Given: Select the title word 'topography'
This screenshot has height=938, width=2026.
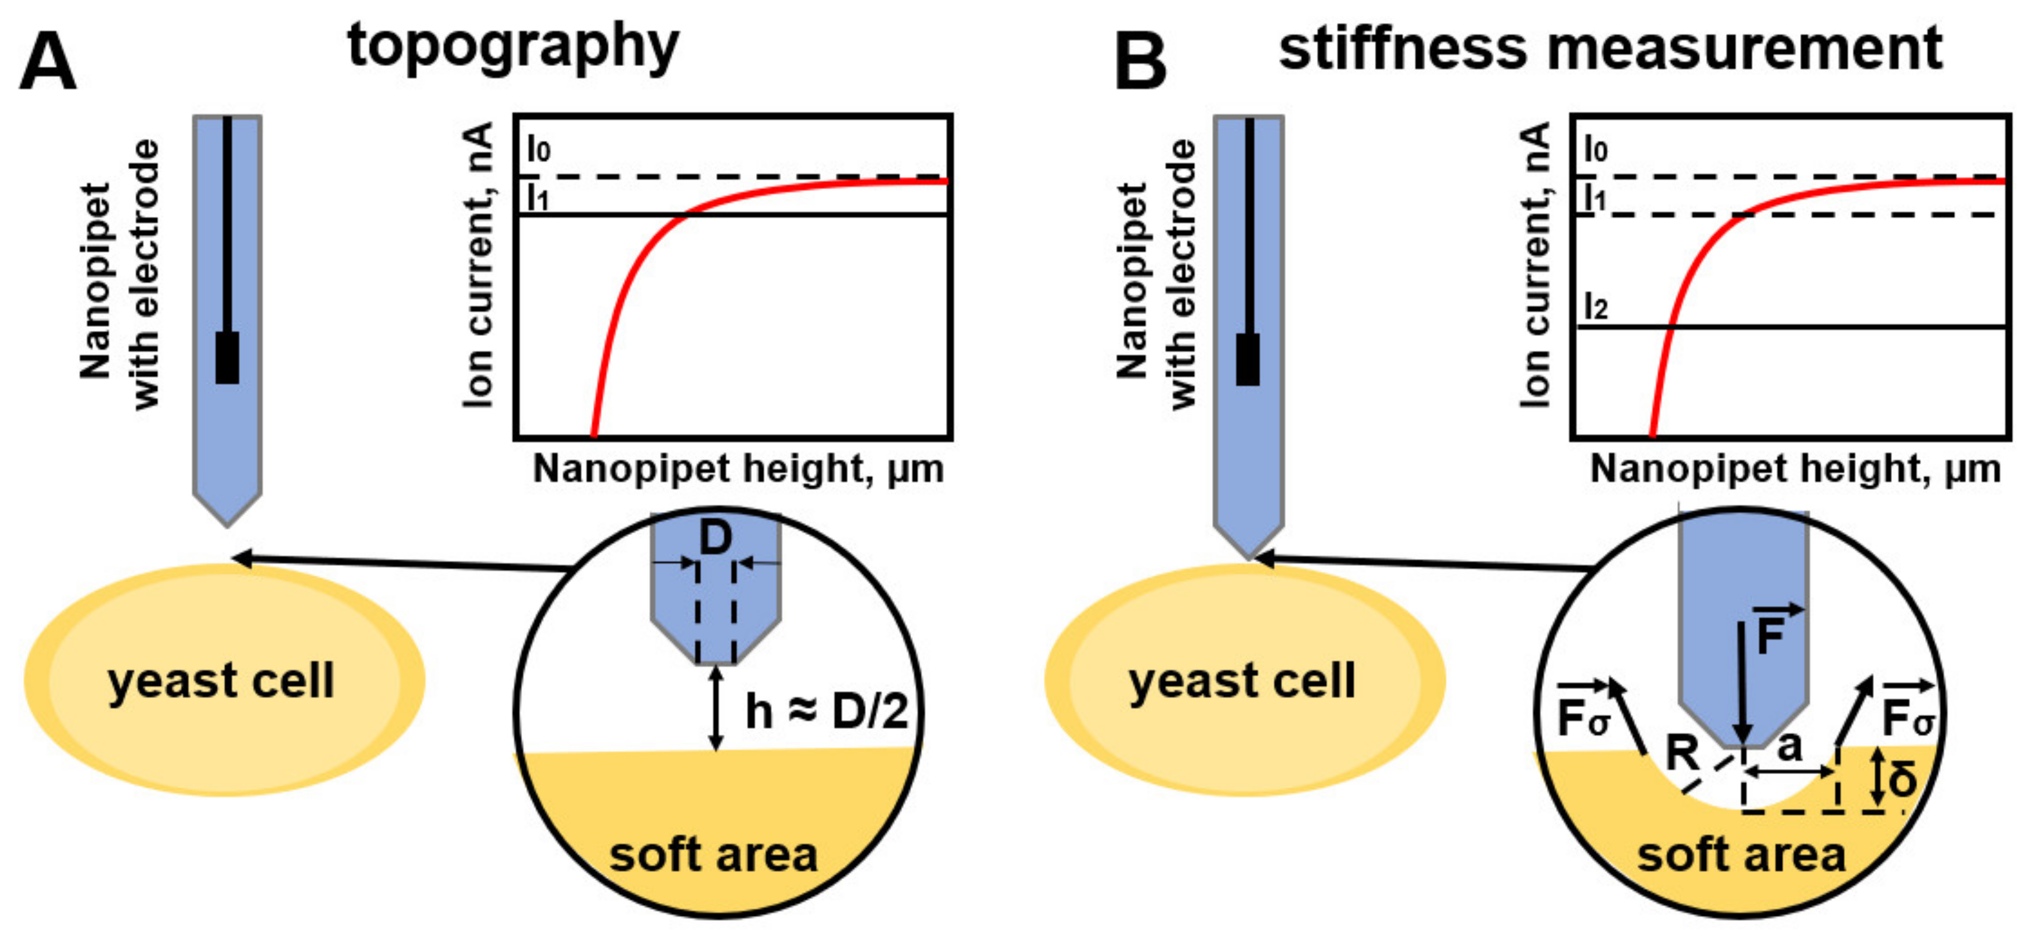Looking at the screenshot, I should point(513,47).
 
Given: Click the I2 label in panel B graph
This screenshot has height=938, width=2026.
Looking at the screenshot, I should point(1596,307).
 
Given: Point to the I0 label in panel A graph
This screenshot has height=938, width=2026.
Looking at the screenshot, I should point(539,149).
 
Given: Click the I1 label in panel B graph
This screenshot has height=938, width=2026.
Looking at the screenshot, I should point(1594,198).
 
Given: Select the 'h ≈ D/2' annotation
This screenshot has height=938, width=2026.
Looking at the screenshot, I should point(826,712).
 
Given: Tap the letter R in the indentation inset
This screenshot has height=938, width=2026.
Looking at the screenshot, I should point(1681,753).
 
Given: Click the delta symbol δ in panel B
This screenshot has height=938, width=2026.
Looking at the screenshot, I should point(1901,780).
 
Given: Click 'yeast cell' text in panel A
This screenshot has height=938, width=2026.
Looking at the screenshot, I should point(221,681).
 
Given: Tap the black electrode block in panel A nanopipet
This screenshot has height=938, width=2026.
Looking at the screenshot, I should point(227,358).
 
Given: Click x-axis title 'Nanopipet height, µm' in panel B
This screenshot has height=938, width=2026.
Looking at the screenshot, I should point(1795,470).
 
